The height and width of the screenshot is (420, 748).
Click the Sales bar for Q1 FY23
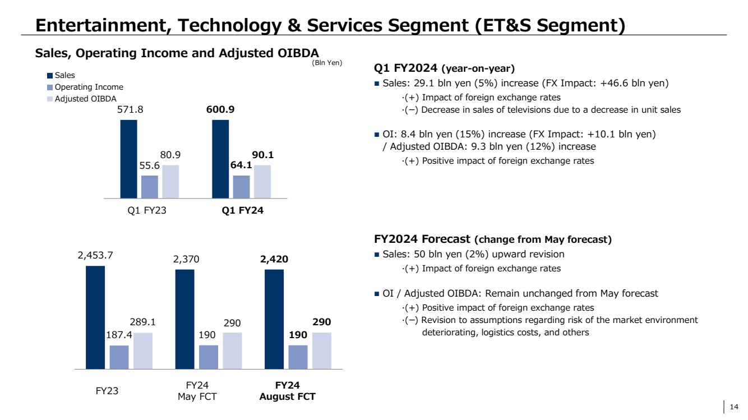pos(128,159)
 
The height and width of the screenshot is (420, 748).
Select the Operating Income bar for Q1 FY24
pos(242,187)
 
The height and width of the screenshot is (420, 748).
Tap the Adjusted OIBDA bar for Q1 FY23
pos(170,182)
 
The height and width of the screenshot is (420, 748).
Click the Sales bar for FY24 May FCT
pos(185,319)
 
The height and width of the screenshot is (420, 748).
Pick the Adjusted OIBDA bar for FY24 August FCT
pos(322,350)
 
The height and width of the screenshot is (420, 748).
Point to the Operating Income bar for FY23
pos(119,357)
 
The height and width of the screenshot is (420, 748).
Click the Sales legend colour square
pos(50,75)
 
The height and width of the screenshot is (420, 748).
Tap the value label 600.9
pos(220,110)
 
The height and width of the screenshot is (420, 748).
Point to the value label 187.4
pos(119,335)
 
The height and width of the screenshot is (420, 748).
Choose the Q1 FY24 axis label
pos(242,211)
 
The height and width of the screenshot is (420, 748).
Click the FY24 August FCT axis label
pos(287,391)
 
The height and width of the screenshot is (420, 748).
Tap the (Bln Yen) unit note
pos(327,63)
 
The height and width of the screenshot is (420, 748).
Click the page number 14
pos(733,407)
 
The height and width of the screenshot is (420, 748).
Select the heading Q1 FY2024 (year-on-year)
pos(444,68)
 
